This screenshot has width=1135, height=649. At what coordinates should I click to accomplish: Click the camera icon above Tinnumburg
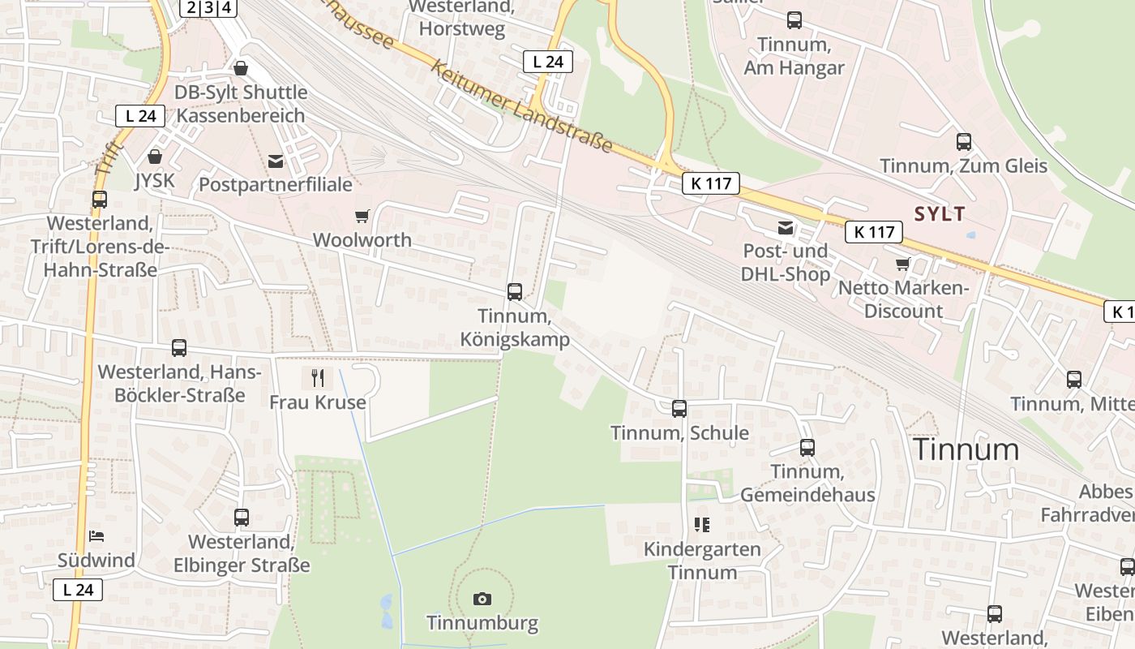coord(482,599)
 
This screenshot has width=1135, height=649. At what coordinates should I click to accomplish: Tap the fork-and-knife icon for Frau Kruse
coord(317,377)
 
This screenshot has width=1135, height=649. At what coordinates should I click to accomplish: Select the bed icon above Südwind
coord(96,535)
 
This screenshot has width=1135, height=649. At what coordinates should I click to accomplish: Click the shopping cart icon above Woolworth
coord(362,216)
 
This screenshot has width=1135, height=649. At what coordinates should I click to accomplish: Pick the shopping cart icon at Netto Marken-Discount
coord(902,264)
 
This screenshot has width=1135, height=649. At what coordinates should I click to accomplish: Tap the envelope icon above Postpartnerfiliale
coord(276,161)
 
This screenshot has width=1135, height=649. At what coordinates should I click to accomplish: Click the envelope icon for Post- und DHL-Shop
coord(785,228)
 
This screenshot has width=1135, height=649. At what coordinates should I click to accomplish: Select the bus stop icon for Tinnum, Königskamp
coord(515,292)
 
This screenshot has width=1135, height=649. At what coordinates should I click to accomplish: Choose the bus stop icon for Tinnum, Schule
coord(679,409)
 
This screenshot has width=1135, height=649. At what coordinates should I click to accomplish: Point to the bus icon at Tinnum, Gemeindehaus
coord(807,447)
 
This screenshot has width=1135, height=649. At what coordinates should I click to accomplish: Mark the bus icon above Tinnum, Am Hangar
coord(794,20)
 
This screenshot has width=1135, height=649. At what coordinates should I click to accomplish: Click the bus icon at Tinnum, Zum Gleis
coord(964,142)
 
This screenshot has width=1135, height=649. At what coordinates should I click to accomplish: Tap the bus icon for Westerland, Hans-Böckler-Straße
coord(179,348)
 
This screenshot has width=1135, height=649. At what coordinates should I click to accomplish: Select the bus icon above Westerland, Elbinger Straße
coord(242,518)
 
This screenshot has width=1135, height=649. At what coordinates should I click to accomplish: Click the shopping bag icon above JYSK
coord(155,156)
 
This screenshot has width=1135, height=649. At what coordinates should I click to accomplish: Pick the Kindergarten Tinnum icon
coord(702,525)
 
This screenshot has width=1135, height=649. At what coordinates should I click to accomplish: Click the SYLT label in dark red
coord(940,214)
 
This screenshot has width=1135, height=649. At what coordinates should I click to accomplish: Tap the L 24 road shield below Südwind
coord(79,590)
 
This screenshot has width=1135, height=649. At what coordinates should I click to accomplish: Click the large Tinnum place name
coord(966,449)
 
